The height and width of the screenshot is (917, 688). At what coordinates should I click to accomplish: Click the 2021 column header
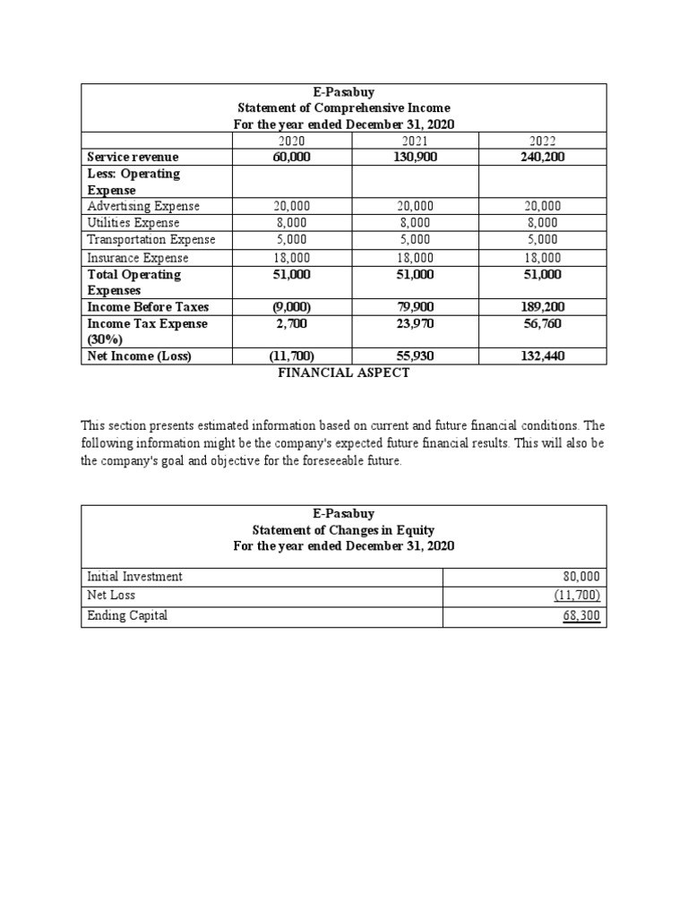416,141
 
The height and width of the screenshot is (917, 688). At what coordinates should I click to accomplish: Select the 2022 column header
544,141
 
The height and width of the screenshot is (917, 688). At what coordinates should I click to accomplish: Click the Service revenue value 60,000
291,157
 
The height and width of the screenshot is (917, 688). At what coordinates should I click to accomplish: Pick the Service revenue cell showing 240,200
544,157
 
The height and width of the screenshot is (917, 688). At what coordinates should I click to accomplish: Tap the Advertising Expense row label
143,206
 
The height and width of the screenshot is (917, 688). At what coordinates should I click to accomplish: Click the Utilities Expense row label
133,223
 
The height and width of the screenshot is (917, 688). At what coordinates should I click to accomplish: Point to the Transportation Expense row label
150,239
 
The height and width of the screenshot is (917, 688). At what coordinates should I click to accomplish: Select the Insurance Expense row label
138,258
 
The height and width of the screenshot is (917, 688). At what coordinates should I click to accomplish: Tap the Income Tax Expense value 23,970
416,323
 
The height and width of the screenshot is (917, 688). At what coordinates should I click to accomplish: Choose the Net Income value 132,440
544,356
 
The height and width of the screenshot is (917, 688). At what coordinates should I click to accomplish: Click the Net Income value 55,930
416,356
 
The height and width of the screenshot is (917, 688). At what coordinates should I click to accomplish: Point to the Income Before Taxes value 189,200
544,307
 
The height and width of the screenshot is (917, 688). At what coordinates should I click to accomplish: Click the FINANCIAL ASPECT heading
344,373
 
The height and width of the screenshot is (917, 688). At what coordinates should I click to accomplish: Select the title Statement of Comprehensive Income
344,107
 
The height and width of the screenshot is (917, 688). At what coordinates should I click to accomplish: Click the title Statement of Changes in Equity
344,530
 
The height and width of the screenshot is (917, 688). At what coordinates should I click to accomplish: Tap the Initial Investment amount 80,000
581,577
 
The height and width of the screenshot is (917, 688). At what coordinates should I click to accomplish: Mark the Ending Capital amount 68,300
581,617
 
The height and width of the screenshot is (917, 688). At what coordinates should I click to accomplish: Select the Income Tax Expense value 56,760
544,323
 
